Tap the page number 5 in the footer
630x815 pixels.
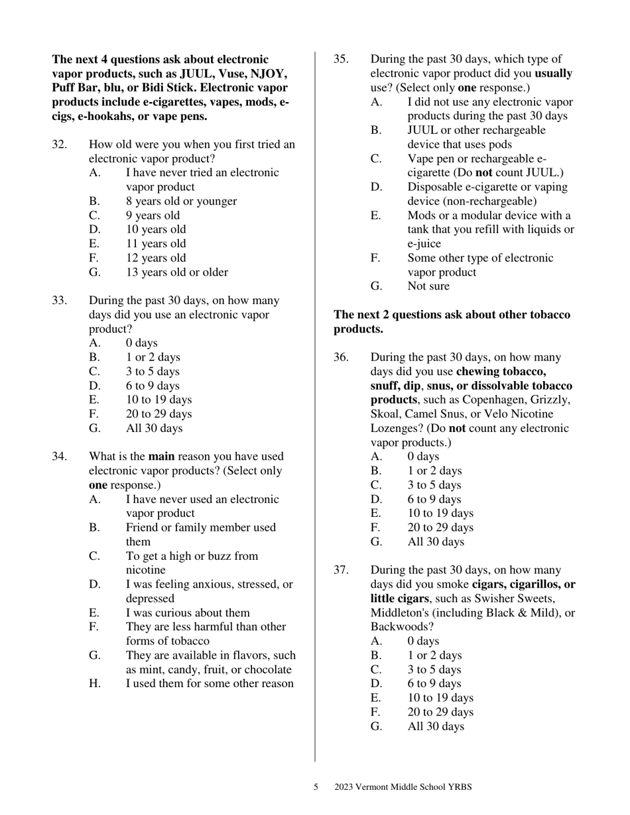click(316, 787)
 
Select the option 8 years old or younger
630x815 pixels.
click(181, 201)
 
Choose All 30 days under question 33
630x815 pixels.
click(154, 428)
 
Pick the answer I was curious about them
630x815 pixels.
click(188, 612)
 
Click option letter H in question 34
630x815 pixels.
click(94, 683)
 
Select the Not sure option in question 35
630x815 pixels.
click(428, 286)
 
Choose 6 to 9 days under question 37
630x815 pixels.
click(434, 683)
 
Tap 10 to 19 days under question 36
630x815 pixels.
click(440, 513)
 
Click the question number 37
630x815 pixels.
click(341, 570)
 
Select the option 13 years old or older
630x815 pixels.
click(177, 272)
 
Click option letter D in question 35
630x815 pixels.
click(376, 187)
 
